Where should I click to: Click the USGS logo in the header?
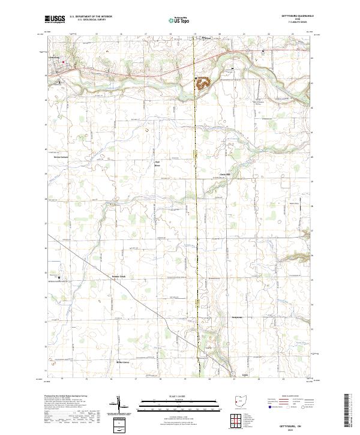[x=55, y=19]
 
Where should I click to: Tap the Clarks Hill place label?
[x=224, y=175]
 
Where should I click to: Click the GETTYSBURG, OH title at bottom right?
[x=296, y=422]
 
